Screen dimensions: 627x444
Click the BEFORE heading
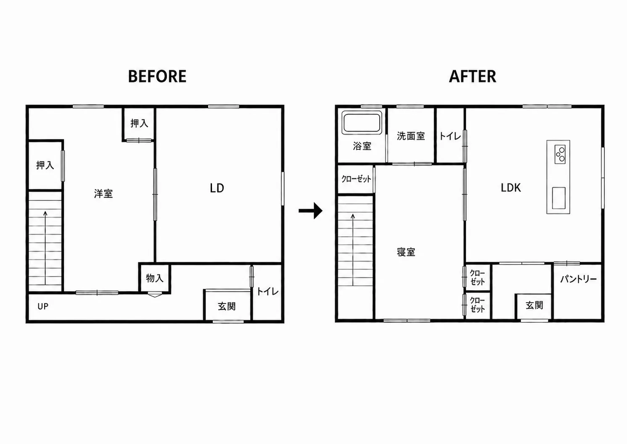click(157, 76)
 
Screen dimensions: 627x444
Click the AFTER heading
click(473, 76)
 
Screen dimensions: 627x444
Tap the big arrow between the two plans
click(310, 211)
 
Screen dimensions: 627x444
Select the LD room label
click(217, 188)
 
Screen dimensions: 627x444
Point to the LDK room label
click(511, 188)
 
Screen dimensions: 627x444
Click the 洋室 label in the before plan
click(103, 194)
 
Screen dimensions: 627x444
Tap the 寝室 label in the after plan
click(406, 252)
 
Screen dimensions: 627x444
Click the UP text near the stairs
click(43, 306)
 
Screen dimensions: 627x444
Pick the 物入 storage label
click(154, 278)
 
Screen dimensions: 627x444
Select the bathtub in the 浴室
click(362, 123)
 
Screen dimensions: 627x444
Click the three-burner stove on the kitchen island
click(560, 154)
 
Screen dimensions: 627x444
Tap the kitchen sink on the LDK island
click(559, 198)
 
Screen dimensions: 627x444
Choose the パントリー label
click(578, 279)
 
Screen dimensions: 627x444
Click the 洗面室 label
click(410, 136)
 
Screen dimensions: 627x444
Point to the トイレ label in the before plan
click(267, 292)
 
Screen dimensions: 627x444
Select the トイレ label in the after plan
click(450, 136)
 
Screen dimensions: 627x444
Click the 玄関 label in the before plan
click(226, 306)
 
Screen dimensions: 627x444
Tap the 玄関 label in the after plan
click(534, 305)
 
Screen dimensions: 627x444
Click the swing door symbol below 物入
click(155, 295)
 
